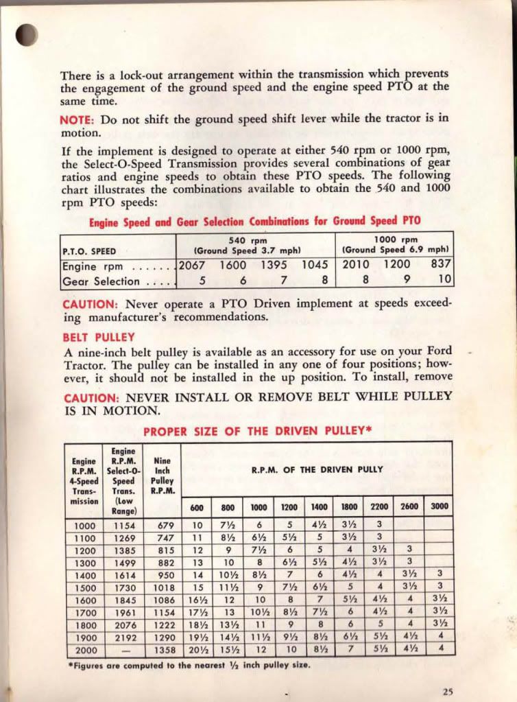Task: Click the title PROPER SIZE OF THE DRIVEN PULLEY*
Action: tap(257, 431)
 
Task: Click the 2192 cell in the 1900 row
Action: tap(125, 637)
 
